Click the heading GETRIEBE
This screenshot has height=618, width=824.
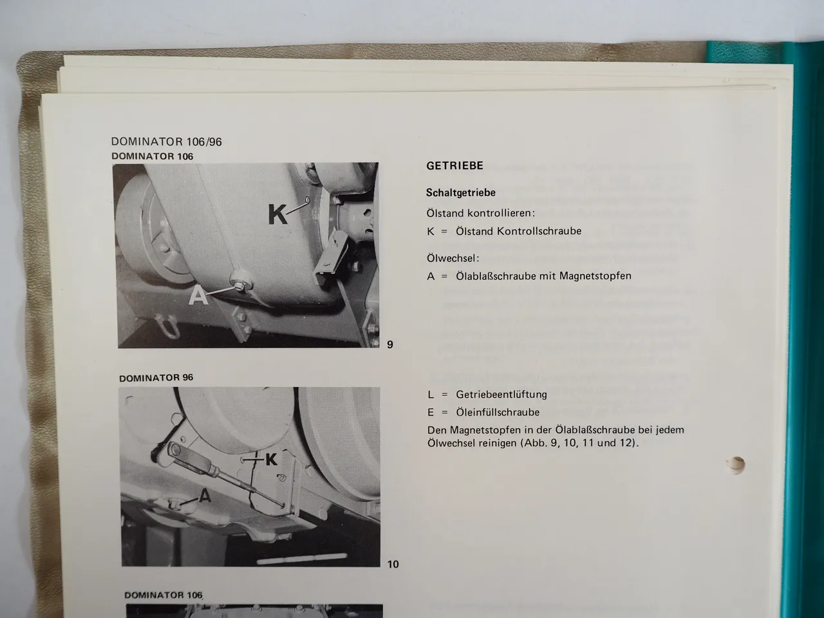(454, 166)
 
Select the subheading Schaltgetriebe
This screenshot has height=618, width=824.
(460, 192)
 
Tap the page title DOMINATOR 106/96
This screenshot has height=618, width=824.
(166, 142)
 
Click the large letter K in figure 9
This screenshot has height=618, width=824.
(277, 214)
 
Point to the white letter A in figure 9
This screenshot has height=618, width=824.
(199, 296)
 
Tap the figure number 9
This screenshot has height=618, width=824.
(389, 345)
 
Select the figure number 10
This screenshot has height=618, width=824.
(393, 565)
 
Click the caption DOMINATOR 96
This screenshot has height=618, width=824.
(156, 378)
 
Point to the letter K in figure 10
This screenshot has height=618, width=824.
(271, 459)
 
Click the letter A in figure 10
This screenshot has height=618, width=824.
(205, 495)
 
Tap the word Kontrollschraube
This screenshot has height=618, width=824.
(539, 231)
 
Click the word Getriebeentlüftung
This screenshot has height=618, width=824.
(501, 395)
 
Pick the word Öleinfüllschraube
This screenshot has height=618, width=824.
(497, 412)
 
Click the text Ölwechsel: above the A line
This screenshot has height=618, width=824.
(453, 258)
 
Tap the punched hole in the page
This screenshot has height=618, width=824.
(735, 464)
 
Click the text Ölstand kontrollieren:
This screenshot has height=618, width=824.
(480, 212)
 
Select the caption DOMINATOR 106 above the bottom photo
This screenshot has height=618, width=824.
(163, 595)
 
